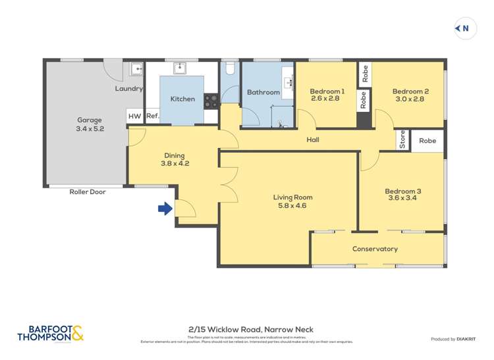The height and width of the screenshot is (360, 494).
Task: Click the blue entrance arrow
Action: coord(165,209)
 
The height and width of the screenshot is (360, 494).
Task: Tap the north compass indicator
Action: coord(465,28)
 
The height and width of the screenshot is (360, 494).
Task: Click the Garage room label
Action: coord(90,120)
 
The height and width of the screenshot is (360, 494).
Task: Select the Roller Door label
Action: coord(87,192)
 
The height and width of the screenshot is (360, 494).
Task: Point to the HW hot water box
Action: coord(134,116)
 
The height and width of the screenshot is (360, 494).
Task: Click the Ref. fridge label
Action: coord(152,116)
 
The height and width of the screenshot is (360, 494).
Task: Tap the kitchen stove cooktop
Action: coord(211,101)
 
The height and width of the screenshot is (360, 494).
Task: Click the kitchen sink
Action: coord(179,68)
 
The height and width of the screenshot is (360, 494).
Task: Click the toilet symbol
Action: coord(230,68)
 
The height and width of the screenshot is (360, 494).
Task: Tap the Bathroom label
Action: coord(263,92)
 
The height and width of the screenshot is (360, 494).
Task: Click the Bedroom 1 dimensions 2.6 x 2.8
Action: coord(327,99)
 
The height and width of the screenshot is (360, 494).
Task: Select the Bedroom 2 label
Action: coord(410,91)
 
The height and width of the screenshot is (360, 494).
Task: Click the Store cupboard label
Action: coord(402,141)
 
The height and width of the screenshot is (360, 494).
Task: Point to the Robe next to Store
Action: coord(427,141)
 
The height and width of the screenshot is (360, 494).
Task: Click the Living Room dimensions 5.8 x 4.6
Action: coord(292,205)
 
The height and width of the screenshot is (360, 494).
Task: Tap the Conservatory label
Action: coord(375,249)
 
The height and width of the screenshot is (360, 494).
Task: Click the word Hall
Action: coord(313,140)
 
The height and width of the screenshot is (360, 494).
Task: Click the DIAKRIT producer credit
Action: coord(470,339)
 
